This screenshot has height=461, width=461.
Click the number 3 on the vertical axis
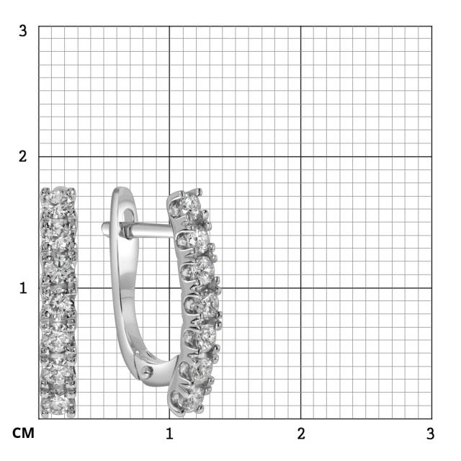22,30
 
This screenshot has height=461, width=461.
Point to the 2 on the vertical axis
22,156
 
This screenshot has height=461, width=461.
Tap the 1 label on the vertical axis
23,288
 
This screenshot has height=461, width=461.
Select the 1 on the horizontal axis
169,434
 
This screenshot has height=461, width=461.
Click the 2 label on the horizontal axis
301,434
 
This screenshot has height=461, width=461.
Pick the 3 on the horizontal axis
431,434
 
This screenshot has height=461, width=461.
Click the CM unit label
23,434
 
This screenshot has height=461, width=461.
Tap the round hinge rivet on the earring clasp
147,372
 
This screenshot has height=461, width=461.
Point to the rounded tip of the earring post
104,228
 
